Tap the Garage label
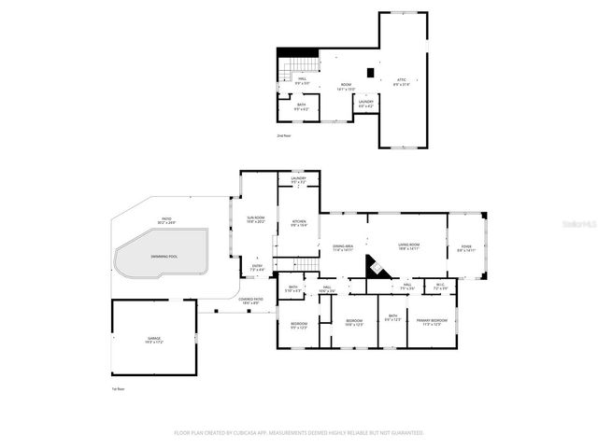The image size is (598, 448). click(154, 342)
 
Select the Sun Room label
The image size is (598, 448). click(255, 219)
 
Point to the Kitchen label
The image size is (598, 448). click(298, 223)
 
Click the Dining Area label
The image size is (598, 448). click(343, 247)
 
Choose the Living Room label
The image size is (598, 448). click(408, 246)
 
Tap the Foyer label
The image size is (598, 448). click(466, 248)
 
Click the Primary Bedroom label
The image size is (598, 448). click(431, 323)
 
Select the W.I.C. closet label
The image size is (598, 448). click(440, 287)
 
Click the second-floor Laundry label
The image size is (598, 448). click(366, 104)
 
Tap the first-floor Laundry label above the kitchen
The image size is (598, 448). click(298, 179)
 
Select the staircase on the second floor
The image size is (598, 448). click(296, 67)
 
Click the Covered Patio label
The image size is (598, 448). click(251, 301)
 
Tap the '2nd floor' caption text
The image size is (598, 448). click(284, 136)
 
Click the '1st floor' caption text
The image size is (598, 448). click(118, 389)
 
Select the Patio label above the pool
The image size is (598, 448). click(164, 222)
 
